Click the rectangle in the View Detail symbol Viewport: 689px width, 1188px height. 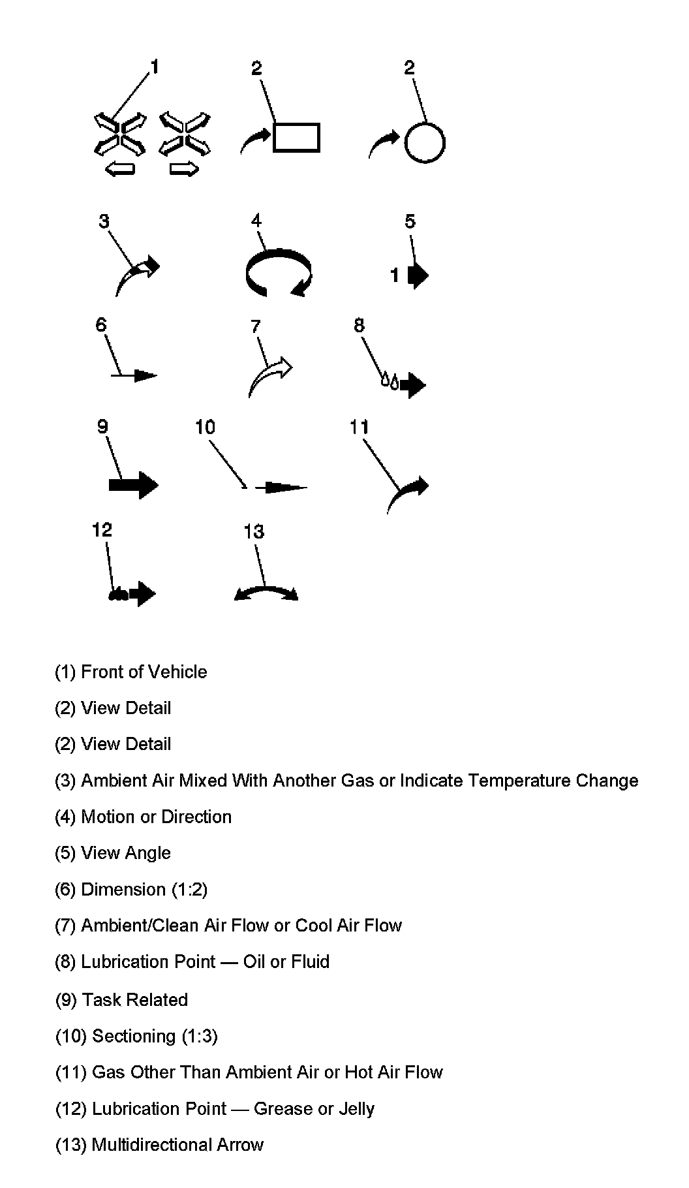[x=296, y=138]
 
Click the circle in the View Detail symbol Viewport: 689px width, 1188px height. [x=425, y=143]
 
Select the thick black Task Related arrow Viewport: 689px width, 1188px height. [x=133, y=485]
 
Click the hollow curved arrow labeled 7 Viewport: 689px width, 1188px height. [x=270, y=376]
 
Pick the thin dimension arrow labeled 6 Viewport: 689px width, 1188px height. [x=135, y=375]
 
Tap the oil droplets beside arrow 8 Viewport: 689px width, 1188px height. [x=390, y=381]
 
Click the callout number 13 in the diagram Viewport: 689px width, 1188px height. [x=254, y=531]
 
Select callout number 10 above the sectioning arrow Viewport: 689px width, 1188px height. [x=205, y=427]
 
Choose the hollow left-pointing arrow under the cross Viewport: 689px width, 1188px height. [x=120, y=170]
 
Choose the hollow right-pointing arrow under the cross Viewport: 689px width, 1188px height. [x=184, y=170]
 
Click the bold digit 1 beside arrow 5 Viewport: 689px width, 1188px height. [x=395, y=275]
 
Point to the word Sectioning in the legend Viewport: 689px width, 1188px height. [x=134, y=1036]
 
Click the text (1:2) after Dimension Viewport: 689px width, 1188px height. [x=189, y=890]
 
